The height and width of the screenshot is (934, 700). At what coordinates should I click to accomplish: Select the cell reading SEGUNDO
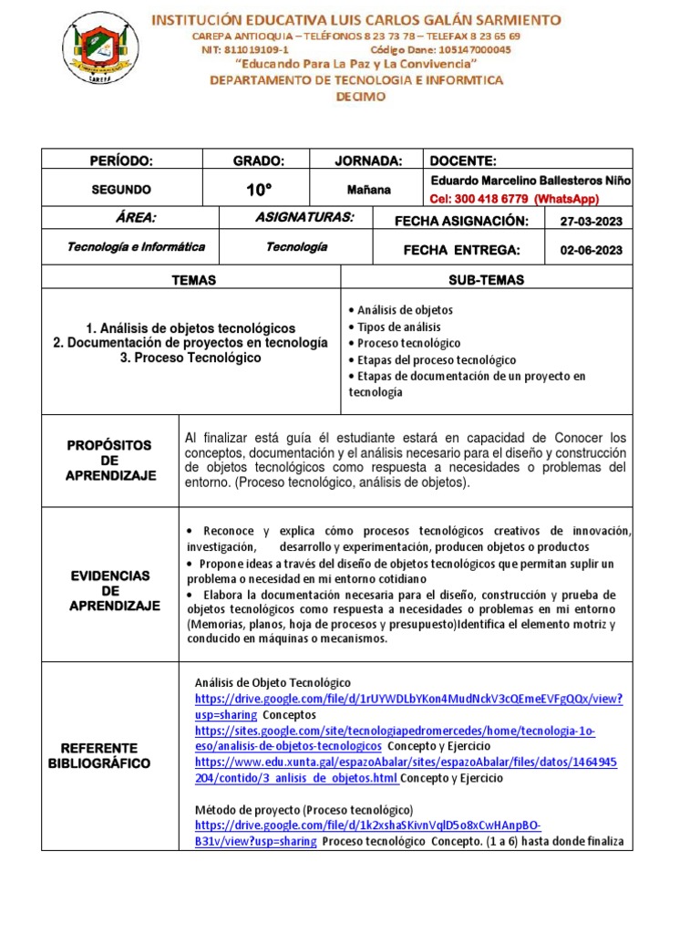[x=121, y=190]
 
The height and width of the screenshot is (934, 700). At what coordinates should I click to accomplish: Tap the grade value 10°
[x=258, y=190]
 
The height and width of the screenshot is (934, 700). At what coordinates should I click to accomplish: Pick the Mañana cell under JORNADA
[x=367, y=190]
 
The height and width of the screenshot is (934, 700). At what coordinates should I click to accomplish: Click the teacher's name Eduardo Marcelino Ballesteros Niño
[x=530, y=181]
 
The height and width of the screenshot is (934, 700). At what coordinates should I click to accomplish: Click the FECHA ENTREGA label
[x=461, y=250]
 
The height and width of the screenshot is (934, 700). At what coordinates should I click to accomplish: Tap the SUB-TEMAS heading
[x=486, y=280]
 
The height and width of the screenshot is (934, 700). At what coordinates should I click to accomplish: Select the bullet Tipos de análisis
[x=398, y=327]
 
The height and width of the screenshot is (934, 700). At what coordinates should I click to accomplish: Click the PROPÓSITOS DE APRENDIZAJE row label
[x=110, y=461]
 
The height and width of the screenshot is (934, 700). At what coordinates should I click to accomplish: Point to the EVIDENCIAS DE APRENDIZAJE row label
[x=110, y=591]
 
